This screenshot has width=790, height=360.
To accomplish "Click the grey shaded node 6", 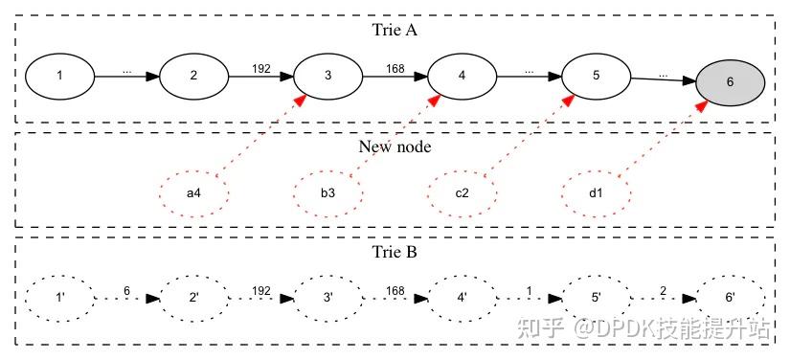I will coord(731,82).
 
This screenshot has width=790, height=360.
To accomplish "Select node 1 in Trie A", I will coord(59,75).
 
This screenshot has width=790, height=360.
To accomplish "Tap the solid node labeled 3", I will coord(327,75).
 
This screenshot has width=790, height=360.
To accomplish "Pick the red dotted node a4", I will coord(193,193).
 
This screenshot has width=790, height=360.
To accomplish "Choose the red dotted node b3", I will coord(327,193).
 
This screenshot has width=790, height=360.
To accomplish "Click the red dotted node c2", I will coord(462,193).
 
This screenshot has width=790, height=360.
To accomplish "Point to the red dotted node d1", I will coord(596,193).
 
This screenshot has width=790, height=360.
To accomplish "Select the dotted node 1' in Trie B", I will coord(59,299).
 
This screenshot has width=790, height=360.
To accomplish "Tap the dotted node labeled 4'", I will coord(462,299).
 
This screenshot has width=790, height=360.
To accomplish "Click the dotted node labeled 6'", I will coord(730,299).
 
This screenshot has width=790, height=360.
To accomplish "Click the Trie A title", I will coord(395,30).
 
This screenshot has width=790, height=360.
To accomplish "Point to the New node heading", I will coord(395,146).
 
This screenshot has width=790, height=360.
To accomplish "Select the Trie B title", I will coord(395,253).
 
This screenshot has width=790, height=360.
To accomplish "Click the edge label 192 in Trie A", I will coord(260,68).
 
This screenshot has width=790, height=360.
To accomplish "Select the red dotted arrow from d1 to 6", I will coord(661,138).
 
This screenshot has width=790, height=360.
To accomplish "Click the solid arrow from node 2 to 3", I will coord(260,76).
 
